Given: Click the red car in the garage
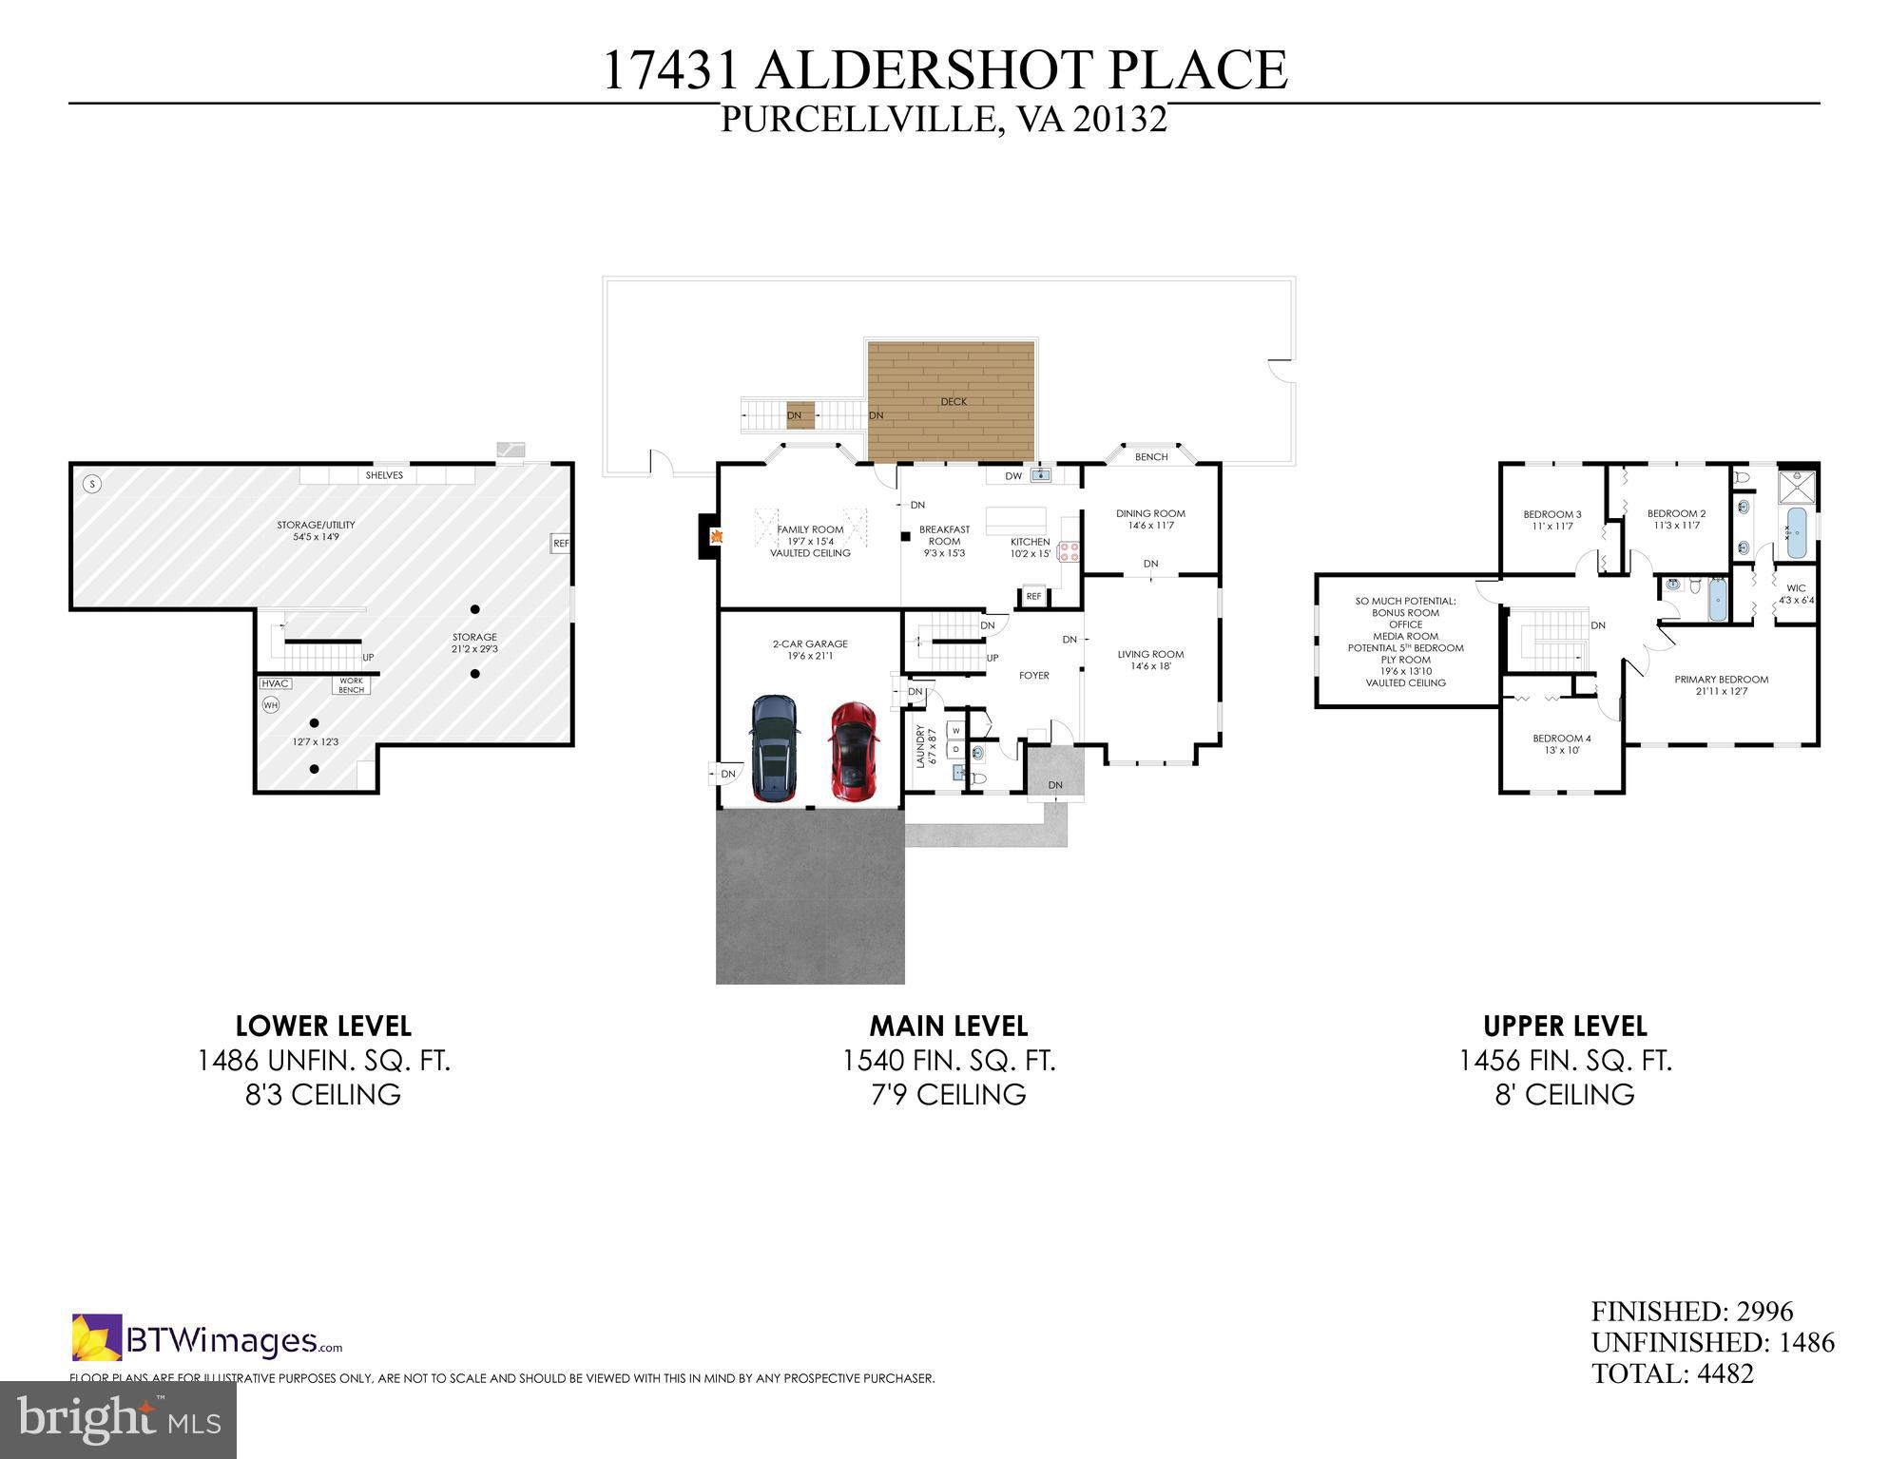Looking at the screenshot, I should coord(853,751).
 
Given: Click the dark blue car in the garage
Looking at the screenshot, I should coord(775,748).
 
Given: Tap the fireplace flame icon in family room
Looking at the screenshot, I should coord(720,537).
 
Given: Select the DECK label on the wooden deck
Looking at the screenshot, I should coord(954,402).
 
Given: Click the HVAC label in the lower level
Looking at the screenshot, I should coord(275,683).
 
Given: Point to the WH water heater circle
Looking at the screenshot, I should coord(271,705).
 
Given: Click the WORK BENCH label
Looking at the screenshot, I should coord(351,685).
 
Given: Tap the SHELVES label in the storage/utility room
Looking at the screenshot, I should coord(384,475).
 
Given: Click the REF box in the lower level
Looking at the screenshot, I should coord(561,544).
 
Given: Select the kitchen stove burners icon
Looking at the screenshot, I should coord(1070,552).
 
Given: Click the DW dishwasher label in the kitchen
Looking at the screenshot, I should coord(1013,476).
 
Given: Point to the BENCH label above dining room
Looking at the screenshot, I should coord(1151,457).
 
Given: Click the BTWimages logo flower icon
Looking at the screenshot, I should coord(96,1336).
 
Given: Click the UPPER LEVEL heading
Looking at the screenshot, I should coord(1565,1027).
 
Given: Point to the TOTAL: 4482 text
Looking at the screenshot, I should coord(1672,1373).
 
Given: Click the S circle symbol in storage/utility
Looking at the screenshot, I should coord(92,484).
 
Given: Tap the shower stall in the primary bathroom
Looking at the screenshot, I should coord(1796,488).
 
